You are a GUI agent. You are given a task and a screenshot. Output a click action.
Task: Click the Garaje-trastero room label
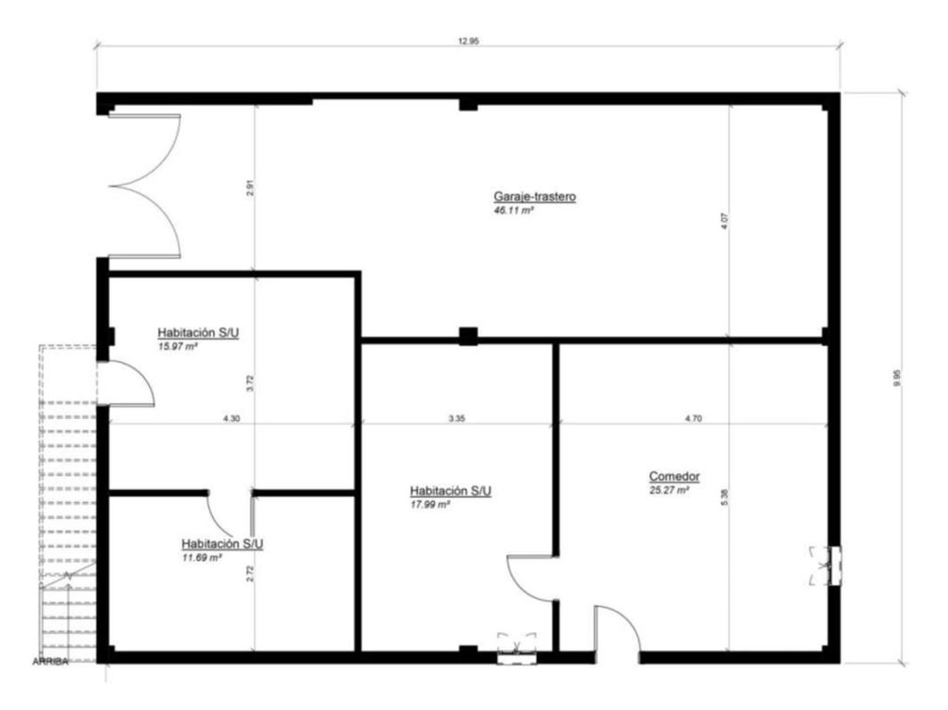coord(534,196)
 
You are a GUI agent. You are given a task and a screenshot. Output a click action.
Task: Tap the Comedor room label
coord(674,477)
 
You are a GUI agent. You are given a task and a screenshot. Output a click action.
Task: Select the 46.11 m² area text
coord(513,211)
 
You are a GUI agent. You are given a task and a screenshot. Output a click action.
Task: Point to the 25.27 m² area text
coord(668,491)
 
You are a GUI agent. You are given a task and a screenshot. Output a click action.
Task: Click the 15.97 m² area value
coord(178,347)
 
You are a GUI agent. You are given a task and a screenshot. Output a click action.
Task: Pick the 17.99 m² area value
coord(430,505)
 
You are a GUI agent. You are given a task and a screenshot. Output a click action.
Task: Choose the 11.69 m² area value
coord(201,557)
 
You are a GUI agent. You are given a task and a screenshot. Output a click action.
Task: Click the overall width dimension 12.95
coord(469,42)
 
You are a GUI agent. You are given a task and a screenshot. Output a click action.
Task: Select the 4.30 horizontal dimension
coord(232,418)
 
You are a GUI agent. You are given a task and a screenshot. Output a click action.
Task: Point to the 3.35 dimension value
coord(457,418)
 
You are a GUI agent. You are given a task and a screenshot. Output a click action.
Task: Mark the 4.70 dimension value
coord(693,418)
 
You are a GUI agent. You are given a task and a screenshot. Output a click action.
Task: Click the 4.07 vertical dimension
coord(725,220)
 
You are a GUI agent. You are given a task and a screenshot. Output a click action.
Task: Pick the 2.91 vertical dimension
coord(250,188)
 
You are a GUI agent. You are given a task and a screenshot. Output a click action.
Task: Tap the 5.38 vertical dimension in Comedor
coord(725,497)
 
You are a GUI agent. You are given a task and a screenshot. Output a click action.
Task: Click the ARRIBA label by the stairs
coord(51,662)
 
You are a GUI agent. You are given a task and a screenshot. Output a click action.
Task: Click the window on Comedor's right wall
coord(835,565)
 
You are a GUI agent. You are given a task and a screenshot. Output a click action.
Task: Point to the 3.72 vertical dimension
coord(250,384)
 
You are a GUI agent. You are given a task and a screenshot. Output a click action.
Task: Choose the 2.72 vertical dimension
coord(250,573)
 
